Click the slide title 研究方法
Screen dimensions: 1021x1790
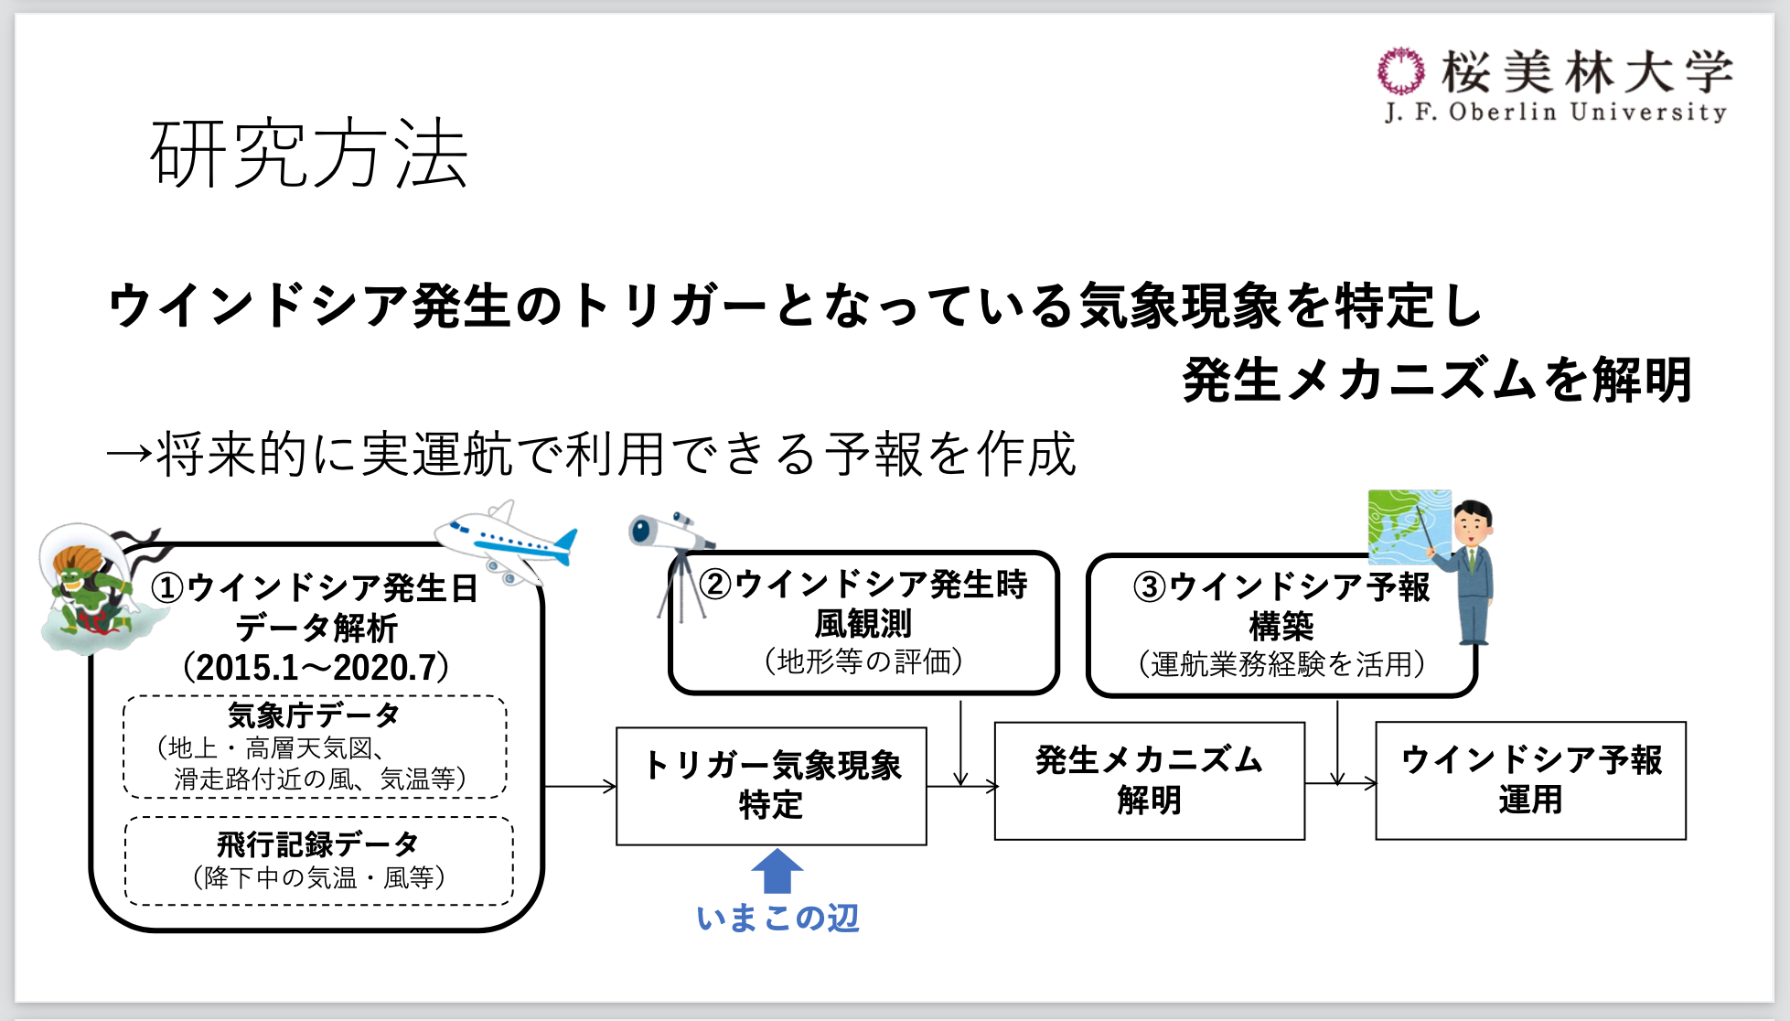pos(309,154)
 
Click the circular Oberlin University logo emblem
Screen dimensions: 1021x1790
pos(1400,71)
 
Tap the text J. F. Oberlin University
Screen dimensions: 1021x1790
pos(1556,113)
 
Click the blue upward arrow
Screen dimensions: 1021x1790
pos(777,870)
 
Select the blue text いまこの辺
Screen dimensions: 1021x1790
pos(777,918)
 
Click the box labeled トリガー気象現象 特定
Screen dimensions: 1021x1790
pos(771,786)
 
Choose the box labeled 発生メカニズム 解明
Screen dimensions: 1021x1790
pos(1149,780)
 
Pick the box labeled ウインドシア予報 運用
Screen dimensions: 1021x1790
pos(1530,780)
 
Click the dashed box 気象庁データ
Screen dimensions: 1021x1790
pos(315,747)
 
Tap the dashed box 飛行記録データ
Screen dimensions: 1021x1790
pos(318,860)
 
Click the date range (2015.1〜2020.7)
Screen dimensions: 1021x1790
pos(316,667)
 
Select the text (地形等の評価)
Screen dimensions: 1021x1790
pos(863,661)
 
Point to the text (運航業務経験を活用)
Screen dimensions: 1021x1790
pos(1281,663)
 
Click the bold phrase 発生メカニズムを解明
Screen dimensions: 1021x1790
pos(1436,380)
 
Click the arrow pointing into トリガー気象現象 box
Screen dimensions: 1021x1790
pos(580,786)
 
